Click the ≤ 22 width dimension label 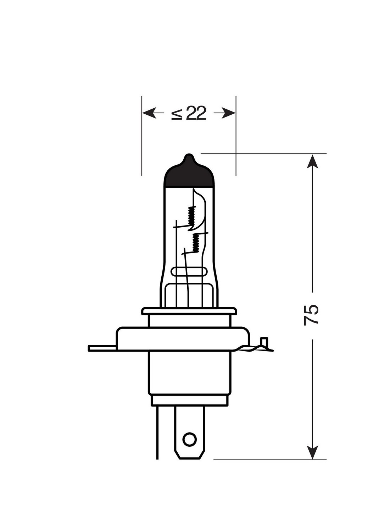tap(188, 113)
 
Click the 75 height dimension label tap(311, 315)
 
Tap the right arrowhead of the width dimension tap(229, 113)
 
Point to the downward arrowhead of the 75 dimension tap(312, 452)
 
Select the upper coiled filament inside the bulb tap(191, 216)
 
